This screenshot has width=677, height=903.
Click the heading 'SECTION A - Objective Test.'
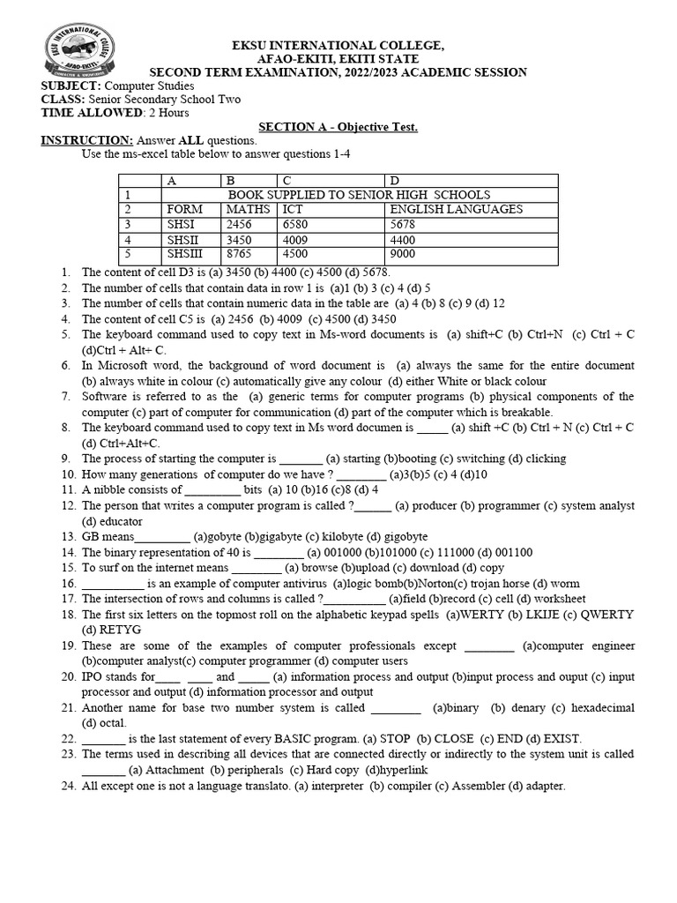coord(338,127)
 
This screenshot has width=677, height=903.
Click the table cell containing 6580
coord(297,224)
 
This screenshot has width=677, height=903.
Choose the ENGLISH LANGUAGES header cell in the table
coord(456,209)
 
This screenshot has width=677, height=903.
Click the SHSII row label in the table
coord(183,240)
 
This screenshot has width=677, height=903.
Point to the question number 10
coord(70,474)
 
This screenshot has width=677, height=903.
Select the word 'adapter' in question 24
coord(538,786)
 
